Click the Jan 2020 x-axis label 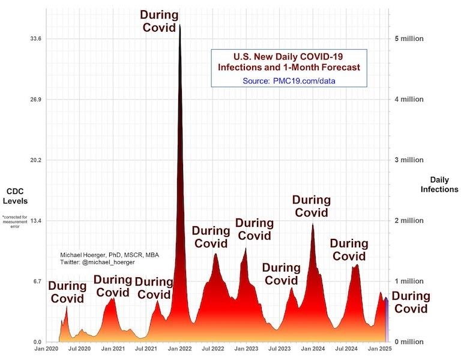(47, 349)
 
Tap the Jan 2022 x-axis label (179, 349)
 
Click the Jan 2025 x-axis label (379, 349)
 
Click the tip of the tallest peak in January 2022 (179, 25)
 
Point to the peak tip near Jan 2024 (312, 224)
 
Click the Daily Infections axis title (444, 185)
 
